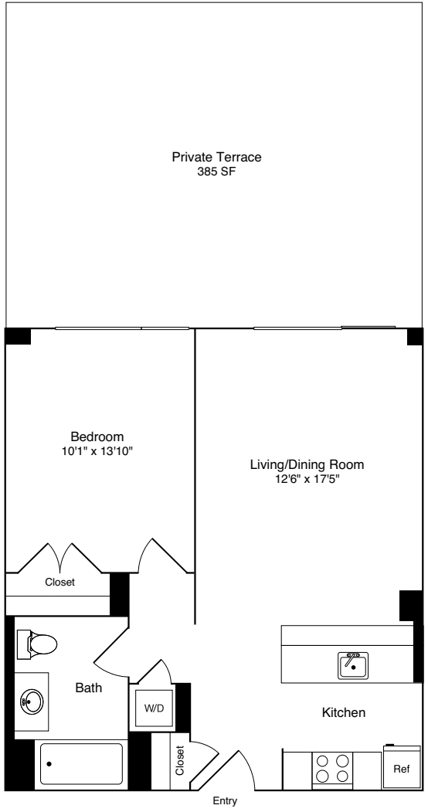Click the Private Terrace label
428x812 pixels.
[x=216, y=158]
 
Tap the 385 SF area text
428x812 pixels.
[x=216, y=172]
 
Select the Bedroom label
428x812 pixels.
[x=97, y=436]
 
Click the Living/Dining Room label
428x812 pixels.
[x=307, y=465]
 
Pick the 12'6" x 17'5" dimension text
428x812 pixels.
[x=307, y=480]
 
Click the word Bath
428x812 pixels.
[x=88, y=687]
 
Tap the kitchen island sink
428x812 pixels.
[x=354, y=664]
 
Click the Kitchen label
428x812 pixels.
[x=344, y=712]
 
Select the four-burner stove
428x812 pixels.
[x=330, y=770]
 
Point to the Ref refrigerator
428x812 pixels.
[x=402, y=770]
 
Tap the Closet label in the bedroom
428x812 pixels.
[x=59, y=583]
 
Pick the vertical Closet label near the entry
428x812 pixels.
[x=180, y=761]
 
